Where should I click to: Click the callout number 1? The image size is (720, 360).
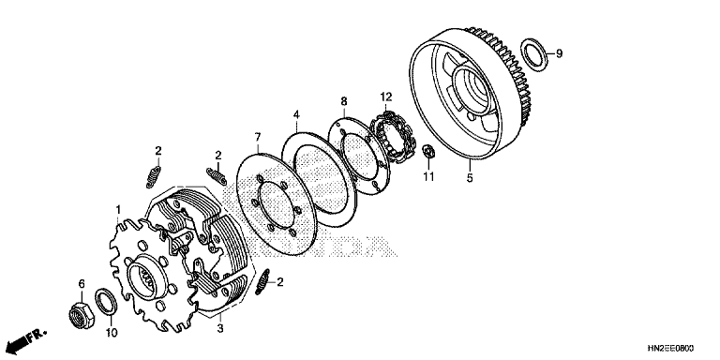coord(118,210)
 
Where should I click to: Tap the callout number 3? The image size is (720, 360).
coord(220,328)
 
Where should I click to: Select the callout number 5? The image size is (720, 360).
coord(470,177)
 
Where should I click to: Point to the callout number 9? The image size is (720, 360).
coord(559,53)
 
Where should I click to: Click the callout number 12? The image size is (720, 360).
coord(386,97)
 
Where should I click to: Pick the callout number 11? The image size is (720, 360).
coord(428,176)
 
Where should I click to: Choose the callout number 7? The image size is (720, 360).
coord(258,137)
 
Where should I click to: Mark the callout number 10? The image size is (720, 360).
coord(112,332)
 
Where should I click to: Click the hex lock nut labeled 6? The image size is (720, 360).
coord(81,315)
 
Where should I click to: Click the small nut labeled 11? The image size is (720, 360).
coord(428,151)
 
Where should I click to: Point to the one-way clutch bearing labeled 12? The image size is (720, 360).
coord(392,136)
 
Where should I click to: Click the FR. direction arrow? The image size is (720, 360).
coord(27,338)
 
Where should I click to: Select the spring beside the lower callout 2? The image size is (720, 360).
coord(263,282)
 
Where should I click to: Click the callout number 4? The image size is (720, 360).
coord(296,113)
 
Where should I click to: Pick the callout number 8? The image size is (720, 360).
coord(344,101)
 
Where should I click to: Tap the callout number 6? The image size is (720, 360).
coord(82,284)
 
